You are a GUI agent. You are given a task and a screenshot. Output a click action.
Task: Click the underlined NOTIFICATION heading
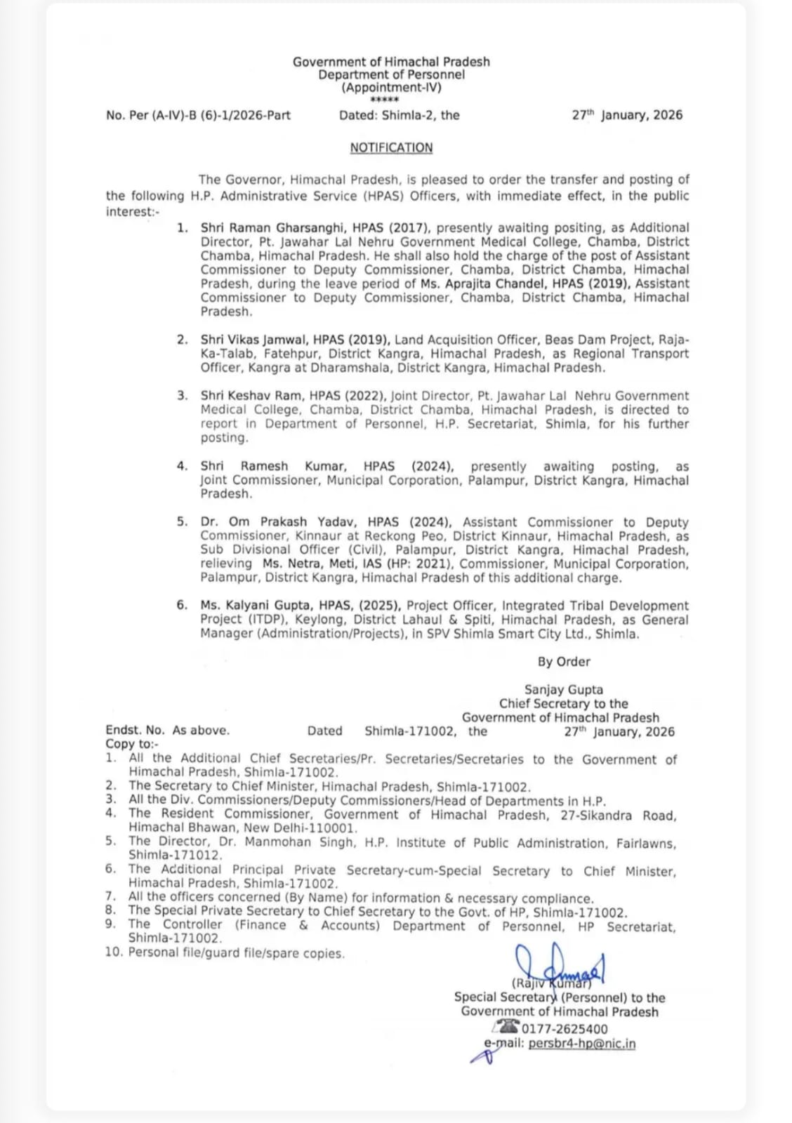point(391,148)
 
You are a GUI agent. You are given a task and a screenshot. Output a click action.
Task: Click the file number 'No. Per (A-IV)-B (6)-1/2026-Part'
point(198,115)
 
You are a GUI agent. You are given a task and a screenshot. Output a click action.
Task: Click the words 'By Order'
point(564,662)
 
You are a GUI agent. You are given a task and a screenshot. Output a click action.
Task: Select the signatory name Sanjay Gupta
point(564,690)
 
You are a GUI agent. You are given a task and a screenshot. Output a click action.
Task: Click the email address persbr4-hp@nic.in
point(581,1044)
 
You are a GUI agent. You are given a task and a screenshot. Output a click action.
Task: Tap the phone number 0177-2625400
point(565,1030)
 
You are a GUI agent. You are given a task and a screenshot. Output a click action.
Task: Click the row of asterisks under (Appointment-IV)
point(384,100)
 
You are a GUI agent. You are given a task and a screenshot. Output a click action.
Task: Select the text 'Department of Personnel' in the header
point(391,74)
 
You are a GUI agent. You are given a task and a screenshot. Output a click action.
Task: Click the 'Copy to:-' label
point(132,744)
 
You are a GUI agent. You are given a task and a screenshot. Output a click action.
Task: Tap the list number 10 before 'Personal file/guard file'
point(114,952)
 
